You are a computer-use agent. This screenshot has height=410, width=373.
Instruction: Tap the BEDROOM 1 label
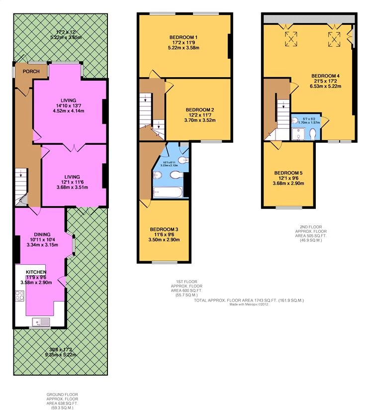pos(184,38)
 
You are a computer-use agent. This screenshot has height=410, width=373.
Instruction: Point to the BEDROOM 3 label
pos(164,229)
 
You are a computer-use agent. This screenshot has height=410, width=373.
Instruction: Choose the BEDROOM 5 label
pos(288,173)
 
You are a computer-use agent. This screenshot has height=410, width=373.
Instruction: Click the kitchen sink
pos(40,321)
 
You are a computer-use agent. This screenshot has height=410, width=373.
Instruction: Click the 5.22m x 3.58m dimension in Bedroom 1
pos(184,48)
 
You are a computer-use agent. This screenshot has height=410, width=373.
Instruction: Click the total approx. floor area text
pos(249,301)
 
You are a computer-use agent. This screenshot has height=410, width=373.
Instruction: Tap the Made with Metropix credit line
pos(249,306)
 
